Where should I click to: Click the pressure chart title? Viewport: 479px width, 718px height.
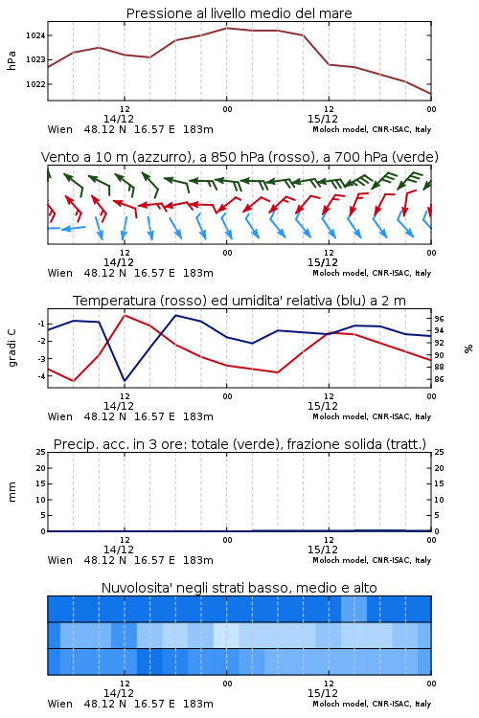tap(239, 13)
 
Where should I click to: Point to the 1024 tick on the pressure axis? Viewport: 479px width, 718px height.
tap(35, 35)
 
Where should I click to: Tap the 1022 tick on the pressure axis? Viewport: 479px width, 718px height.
tap(35, 84)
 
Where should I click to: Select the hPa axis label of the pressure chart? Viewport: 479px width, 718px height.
tap(11, 60)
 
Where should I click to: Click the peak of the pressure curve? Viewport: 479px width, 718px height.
tap(226, 28)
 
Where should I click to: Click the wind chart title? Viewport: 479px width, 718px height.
tap(239, 157)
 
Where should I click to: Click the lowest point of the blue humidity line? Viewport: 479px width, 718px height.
tap(125, 381)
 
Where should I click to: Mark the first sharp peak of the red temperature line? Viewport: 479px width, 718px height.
tap(125, 316)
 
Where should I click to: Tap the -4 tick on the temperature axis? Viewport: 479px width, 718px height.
tap(41, 376)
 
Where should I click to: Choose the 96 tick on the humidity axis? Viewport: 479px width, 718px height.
tap(439, 319)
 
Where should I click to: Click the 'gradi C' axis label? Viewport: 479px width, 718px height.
tap(11, 348)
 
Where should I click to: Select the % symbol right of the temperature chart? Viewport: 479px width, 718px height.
tap(468, 348)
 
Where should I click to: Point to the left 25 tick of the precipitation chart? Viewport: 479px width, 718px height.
tap(41, 452)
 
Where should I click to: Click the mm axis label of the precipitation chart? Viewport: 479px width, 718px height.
tap(11, 492)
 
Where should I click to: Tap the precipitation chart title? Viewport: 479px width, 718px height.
tap(239, 444)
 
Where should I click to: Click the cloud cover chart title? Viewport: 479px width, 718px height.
tap(239, 588)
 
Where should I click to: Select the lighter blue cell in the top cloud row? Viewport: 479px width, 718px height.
tap(354, 609)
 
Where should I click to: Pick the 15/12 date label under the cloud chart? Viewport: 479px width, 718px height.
tap(323, 693)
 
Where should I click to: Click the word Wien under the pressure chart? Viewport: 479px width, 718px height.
tap(60, 129)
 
